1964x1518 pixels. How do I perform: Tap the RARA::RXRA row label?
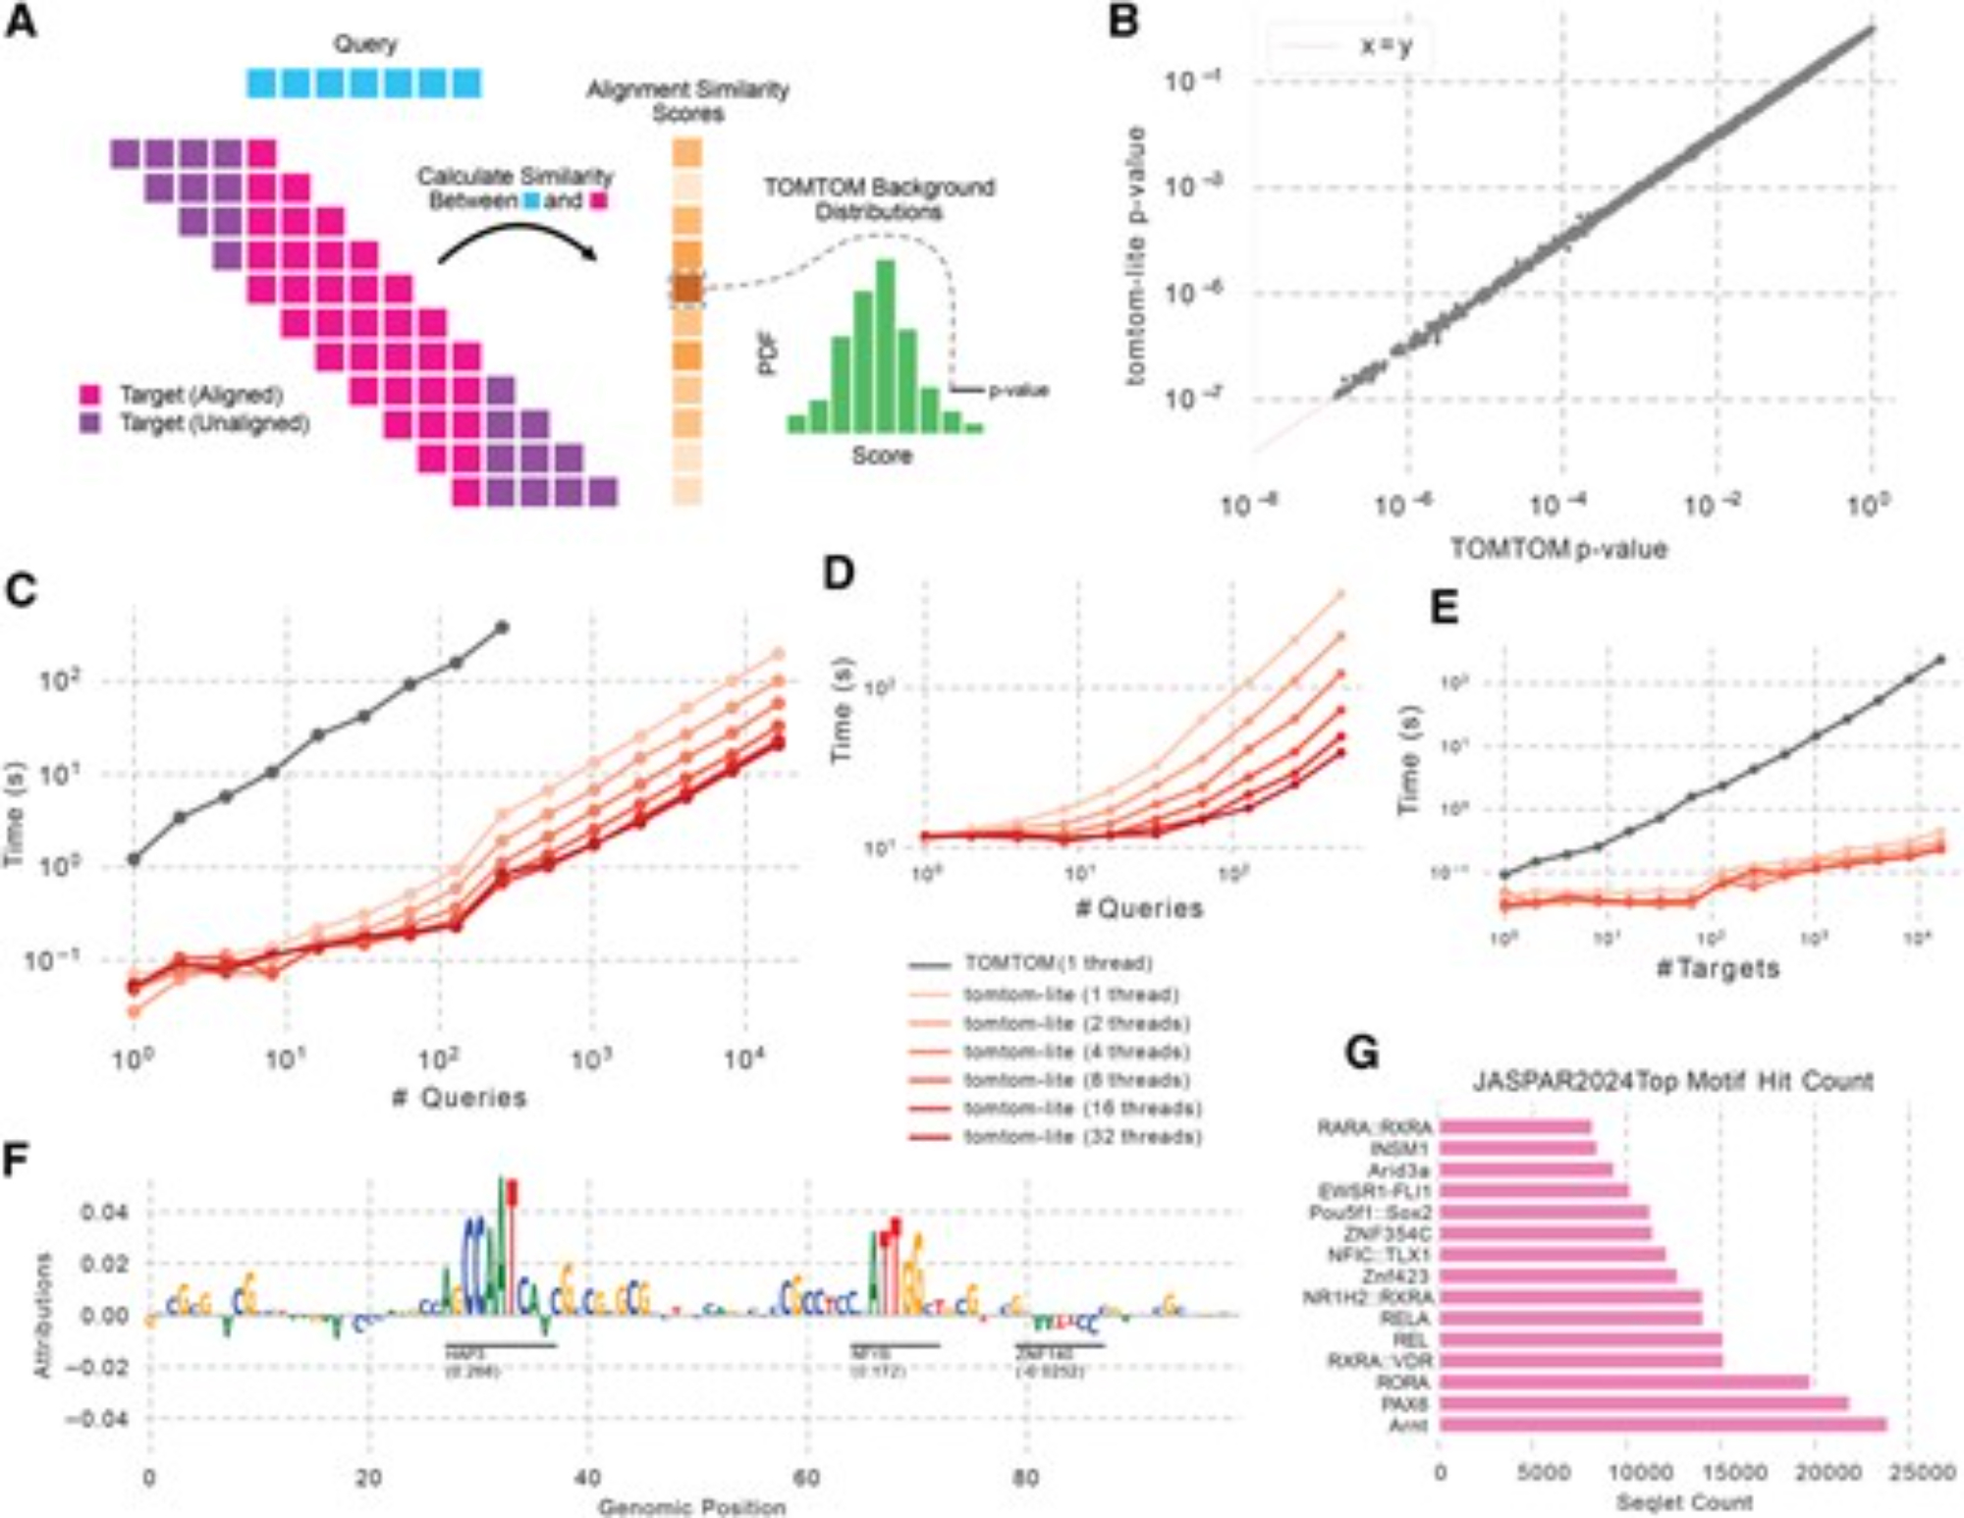tap(1374, 1128)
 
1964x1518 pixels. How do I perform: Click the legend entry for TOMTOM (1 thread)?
tap(1057, 963)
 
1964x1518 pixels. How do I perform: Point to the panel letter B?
tap(1122, 22)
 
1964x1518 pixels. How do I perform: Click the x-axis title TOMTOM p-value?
tap(1558, 549)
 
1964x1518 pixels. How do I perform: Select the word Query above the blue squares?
tap(365, 44)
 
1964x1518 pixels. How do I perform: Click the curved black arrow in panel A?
tap(517, 241)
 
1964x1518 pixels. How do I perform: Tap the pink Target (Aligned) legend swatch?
tap(90, 396)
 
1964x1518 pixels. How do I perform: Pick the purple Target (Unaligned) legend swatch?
tap(90, 424)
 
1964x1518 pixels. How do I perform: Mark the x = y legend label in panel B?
tap(1386, 46)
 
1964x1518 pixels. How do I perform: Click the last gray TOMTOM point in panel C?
tap(503, 626)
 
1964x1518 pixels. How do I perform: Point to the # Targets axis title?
tap(1718, 969)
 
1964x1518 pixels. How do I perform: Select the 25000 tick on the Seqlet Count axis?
tap(1923, 1473)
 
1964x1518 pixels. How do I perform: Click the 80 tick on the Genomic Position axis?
tap(1025, 1478)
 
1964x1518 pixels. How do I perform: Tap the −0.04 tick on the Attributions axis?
tap(97, 1419)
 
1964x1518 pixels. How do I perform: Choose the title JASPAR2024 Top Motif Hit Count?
tap(1672, 1082)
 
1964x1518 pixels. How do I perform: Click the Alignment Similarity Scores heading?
tap(687, 101)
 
